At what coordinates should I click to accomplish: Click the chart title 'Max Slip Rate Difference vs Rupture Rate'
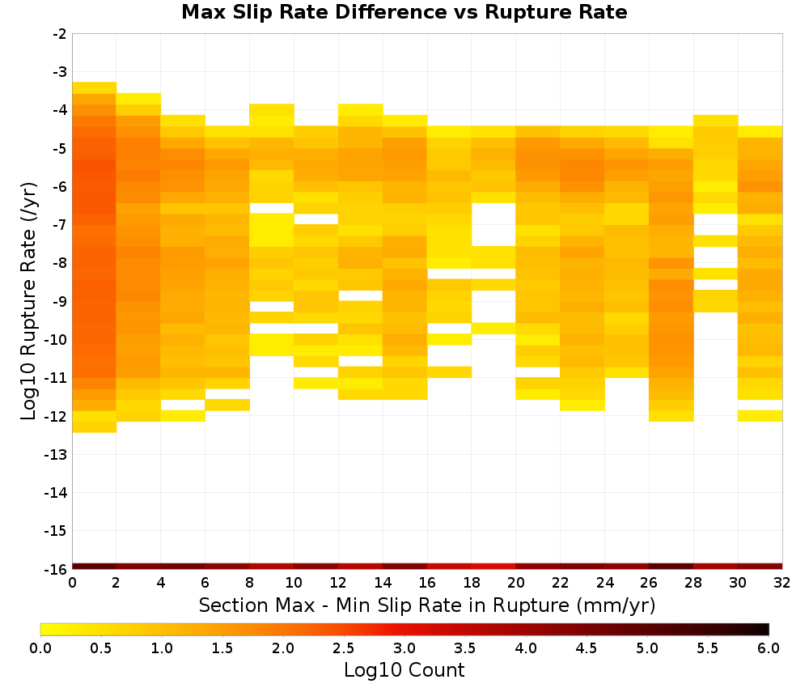click(x=404, y=12)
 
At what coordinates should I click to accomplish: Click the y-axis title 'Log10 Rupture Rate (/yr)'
click(x=29, y=301)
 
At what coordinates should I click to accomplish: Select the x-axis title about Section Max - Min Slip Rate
click(x=427, y=605)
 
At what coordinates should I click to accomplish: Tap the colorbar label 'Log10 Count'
click(x=404, y=670)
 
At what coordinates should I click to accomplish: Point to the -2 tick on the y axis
click(x=60, y=34)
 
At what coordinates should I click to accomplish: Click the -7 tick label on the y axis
click(x=60, y=225)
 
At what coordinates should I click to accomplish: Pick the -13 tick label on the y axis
click(x=56, y=454)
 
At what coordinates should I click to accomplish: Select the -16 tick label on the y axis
click(x=56, y=569)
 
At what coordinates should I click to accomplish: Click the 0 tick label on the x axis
click(x=72, y=583)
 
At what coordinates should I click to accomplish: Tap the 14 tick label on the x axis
click(x=383, y=583)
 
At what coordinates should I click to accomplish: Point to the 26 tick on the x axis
click(x=649, y=583)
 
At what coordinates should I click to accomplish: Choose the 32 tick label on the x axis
click(x=781, y=583)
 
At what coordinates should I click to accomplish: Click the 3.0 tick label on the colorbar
click(x=404, y=648)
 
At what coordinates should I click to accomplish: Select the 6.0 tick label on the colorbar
click(x=769, y=648)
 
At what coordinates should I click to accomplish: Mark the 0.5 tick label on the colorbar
click(x=100, y=648)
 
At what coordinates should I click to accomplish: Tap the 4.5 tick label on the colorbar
click(x=586, y=648)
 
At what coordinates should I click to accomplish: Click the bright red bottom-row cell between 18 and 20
click(x=493, y=567)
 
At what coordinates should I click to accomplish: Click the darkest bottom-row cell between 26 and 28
click(x=671, y=567)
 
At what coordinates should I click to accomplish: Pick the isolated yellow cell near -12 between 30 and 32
click(x=760, y=416)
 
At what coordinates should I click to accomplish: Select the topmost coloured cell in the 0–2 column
click(x=95, y=87)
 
